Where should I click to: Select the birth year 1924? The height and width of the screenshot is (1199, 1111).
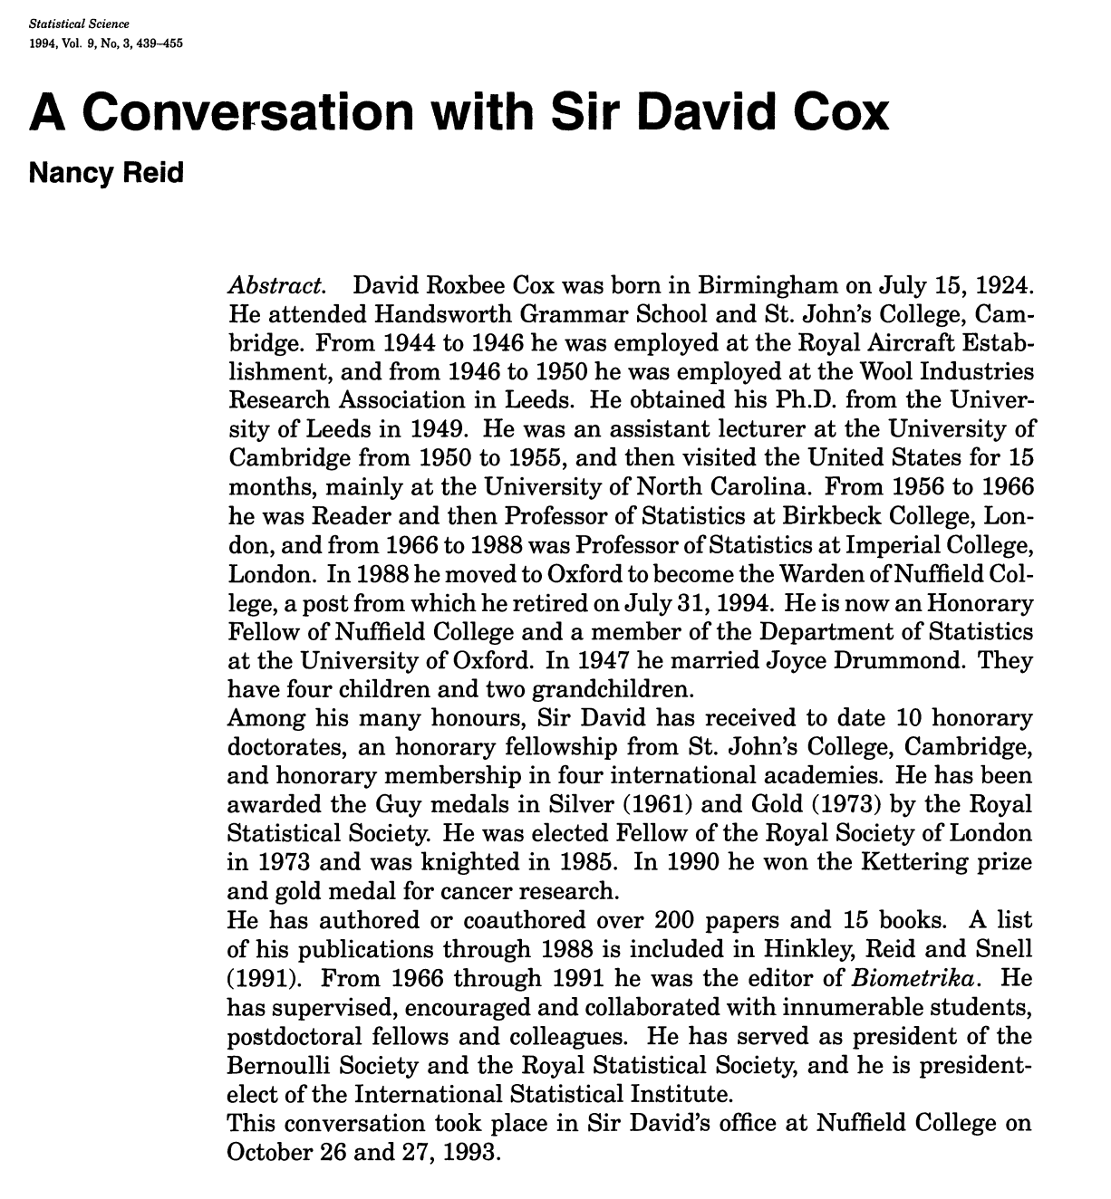point(1000,286)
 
